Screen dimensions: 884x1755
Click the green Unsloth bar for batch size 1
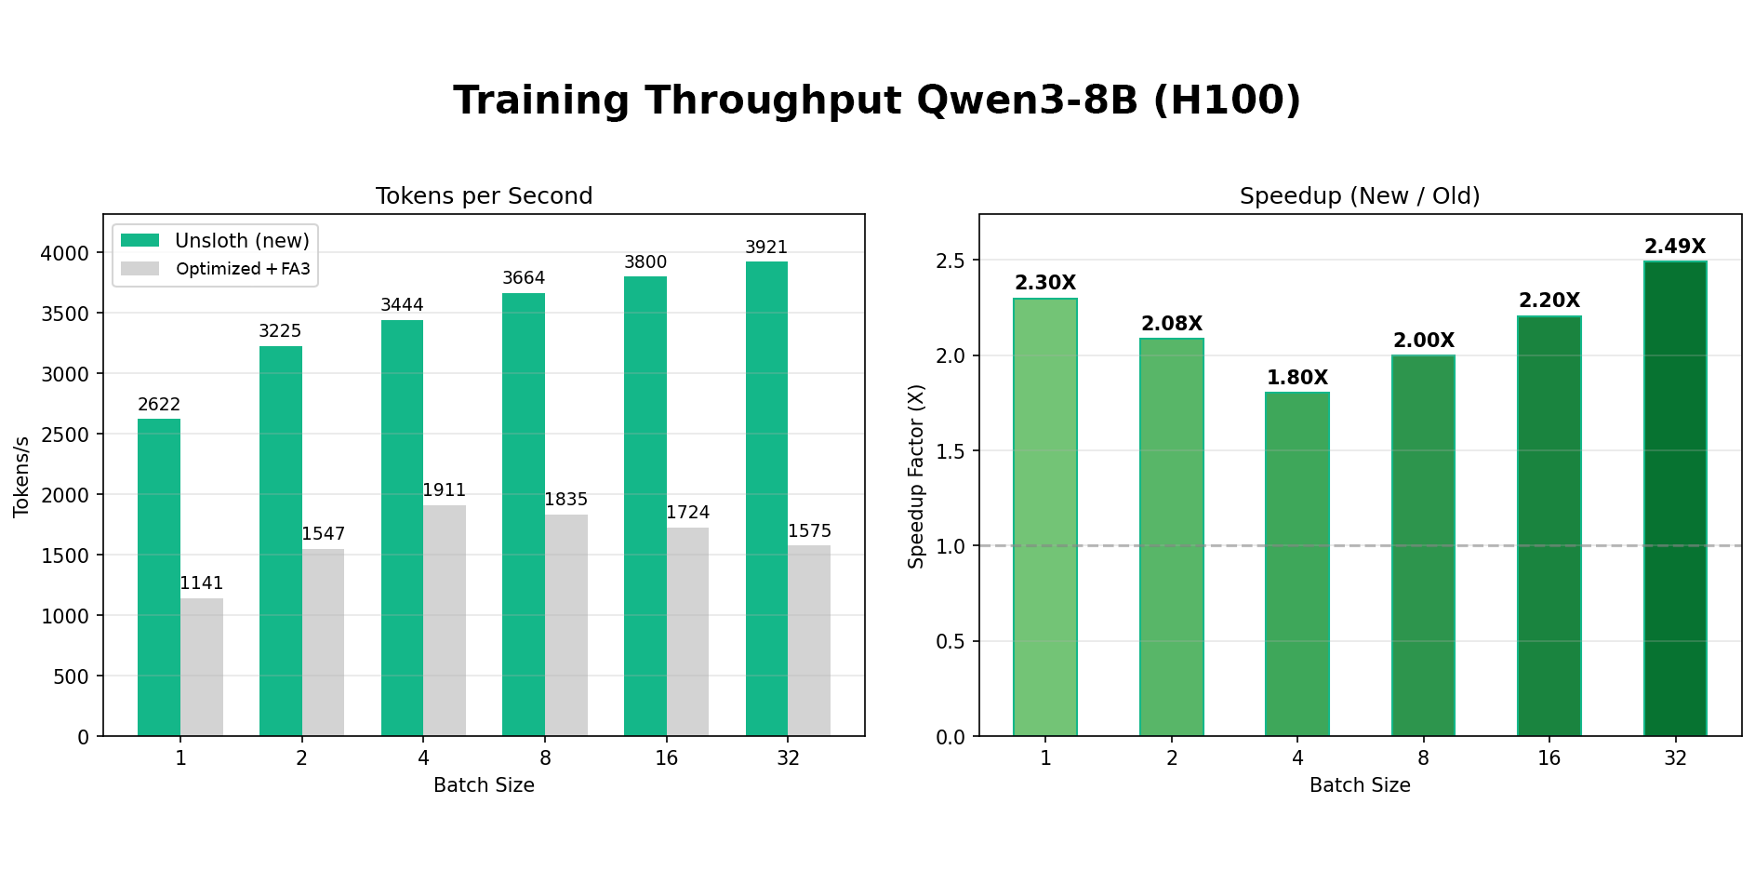click(159, 577)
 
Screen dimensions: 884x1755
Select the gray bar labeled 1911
click(444, 621)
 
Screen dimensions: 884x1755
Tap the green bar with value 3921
click(766, 499)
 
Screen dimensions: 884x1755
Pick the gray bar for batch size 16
click(687, 632)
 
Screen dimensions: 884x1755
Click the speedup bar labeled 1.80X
click(1296, 564)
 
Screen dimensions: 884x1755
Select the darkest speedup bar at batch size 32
click(1675, 499)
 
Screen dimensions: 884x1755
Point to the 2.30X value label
click(1045, 283)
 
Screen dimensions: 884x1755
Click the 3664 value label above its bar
click(524, 278)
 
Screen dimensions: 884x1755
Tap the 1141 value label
click(201, 583)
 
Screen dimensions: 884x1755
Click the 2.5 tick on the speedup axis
click(951, 261)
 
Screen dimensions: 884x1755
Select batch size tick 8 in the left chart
click(545, 758)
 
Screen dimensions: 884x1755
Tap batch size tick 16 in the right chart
click(1549, 758)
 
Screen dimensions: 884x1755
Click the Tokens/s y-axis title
click(21, 475)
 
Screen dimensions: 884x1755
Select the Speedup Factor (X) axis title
click(917, 475)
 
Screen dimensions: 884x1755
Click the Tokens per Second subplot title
click(484, 196)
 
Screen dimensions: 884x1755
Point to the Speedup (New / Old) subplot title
click(1360, 196)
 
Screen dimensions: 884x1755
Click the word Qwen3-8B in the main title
click(1027, 100)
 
